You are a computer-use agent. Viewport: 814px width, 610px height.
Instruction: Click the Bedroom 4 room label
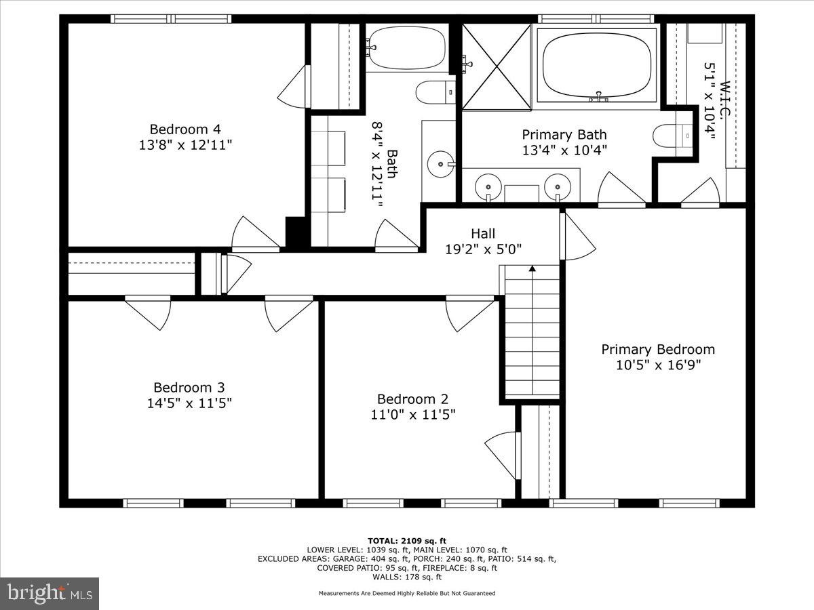(x=185, y=129)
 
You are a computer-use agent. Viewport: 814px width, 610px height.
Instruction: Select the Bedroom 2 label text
(x=412, y=399)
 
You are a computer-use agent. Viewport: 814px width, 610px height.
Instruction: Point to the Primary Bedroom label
(x=657, y=349)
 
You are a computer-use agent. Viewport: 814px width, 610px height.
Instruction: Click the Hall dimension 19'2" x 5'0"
(x=483, y=249)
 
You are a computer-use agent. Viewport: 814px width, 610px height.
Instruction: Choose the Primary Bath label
(x=564, y=134)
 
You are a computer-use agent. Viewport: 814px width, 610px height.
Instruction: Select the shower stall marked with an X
(x=496, y=66)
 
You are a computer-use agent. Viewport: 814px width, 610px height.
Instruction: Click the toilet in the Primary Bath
(x=672, y=135)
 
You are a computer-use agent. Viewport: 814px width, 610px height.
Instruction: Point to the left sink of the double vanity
(x=488, y=184)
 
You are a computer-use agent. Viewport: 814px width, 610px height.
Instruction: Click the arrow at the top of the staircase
(x=532, y=269)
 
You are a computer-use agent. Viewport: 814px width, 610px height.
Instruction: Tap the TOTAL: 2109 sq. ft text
(x=407, y=540)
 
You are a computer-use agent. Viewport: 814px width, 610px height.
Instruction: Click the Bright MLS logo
(x=50, y=594)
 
